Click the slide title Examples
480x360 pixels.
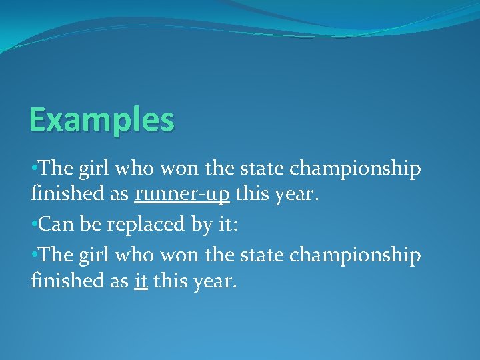coord(101,121)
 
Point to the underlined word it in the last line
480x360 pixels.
coord(140,281)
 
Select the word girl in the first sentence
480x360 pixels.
coord(94,171)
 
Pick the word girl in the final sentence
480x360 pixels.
coord(94,256)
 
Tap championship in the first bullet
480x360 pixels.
coord(355,171)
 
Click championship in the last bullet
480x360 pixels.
coord(355,256)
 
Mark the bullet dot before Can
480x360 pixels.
coord(35,225)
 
